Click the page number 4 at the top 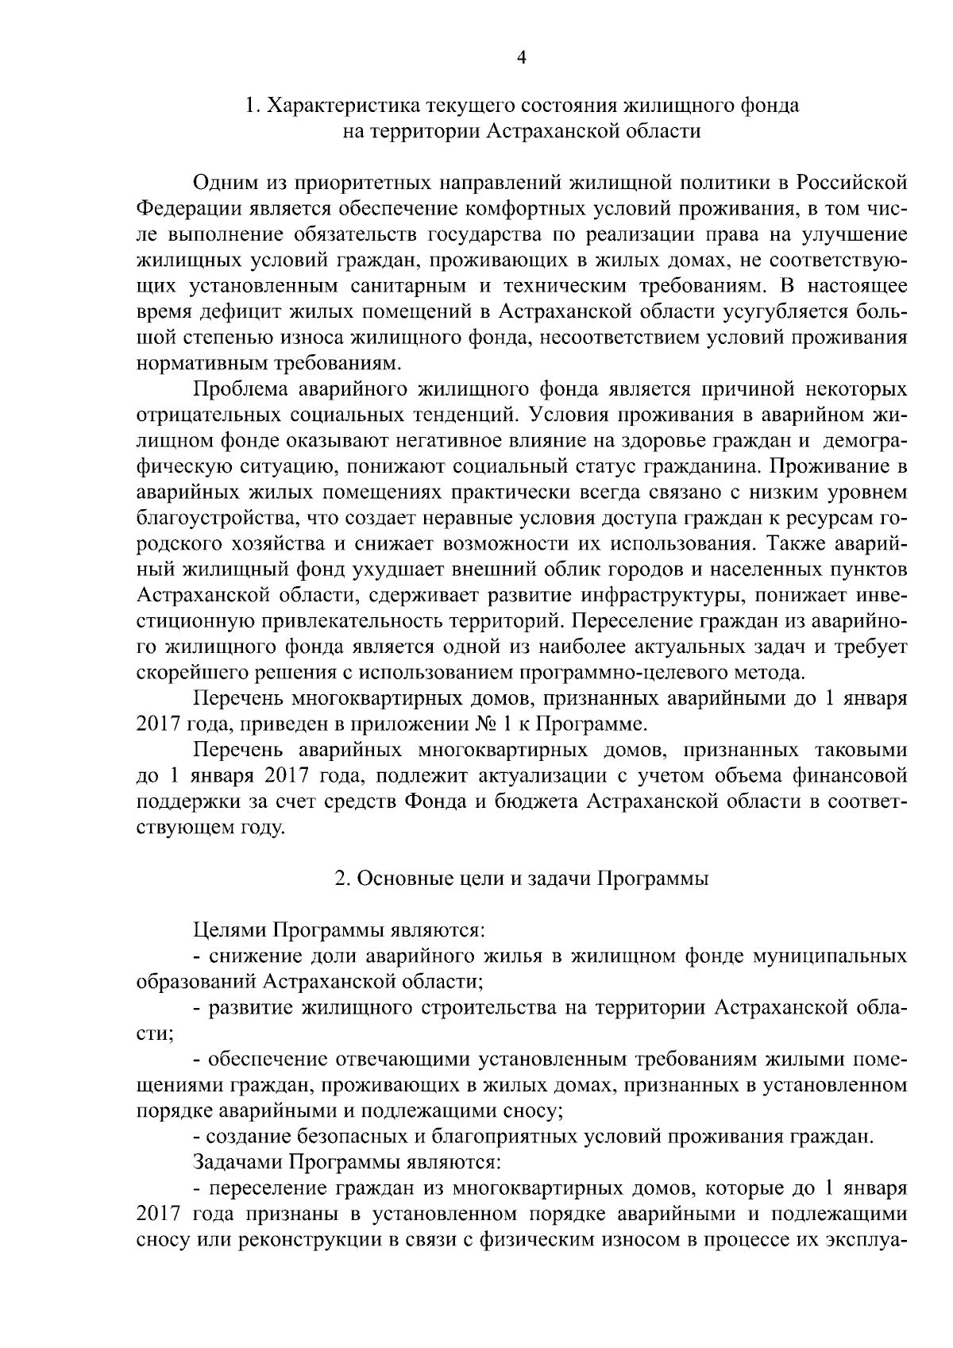[x=521, y=56]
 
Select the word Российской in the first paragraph [x=852, y=183]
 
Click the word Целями [x=230, y=930]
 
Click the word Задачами [x=237, y=1162]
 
